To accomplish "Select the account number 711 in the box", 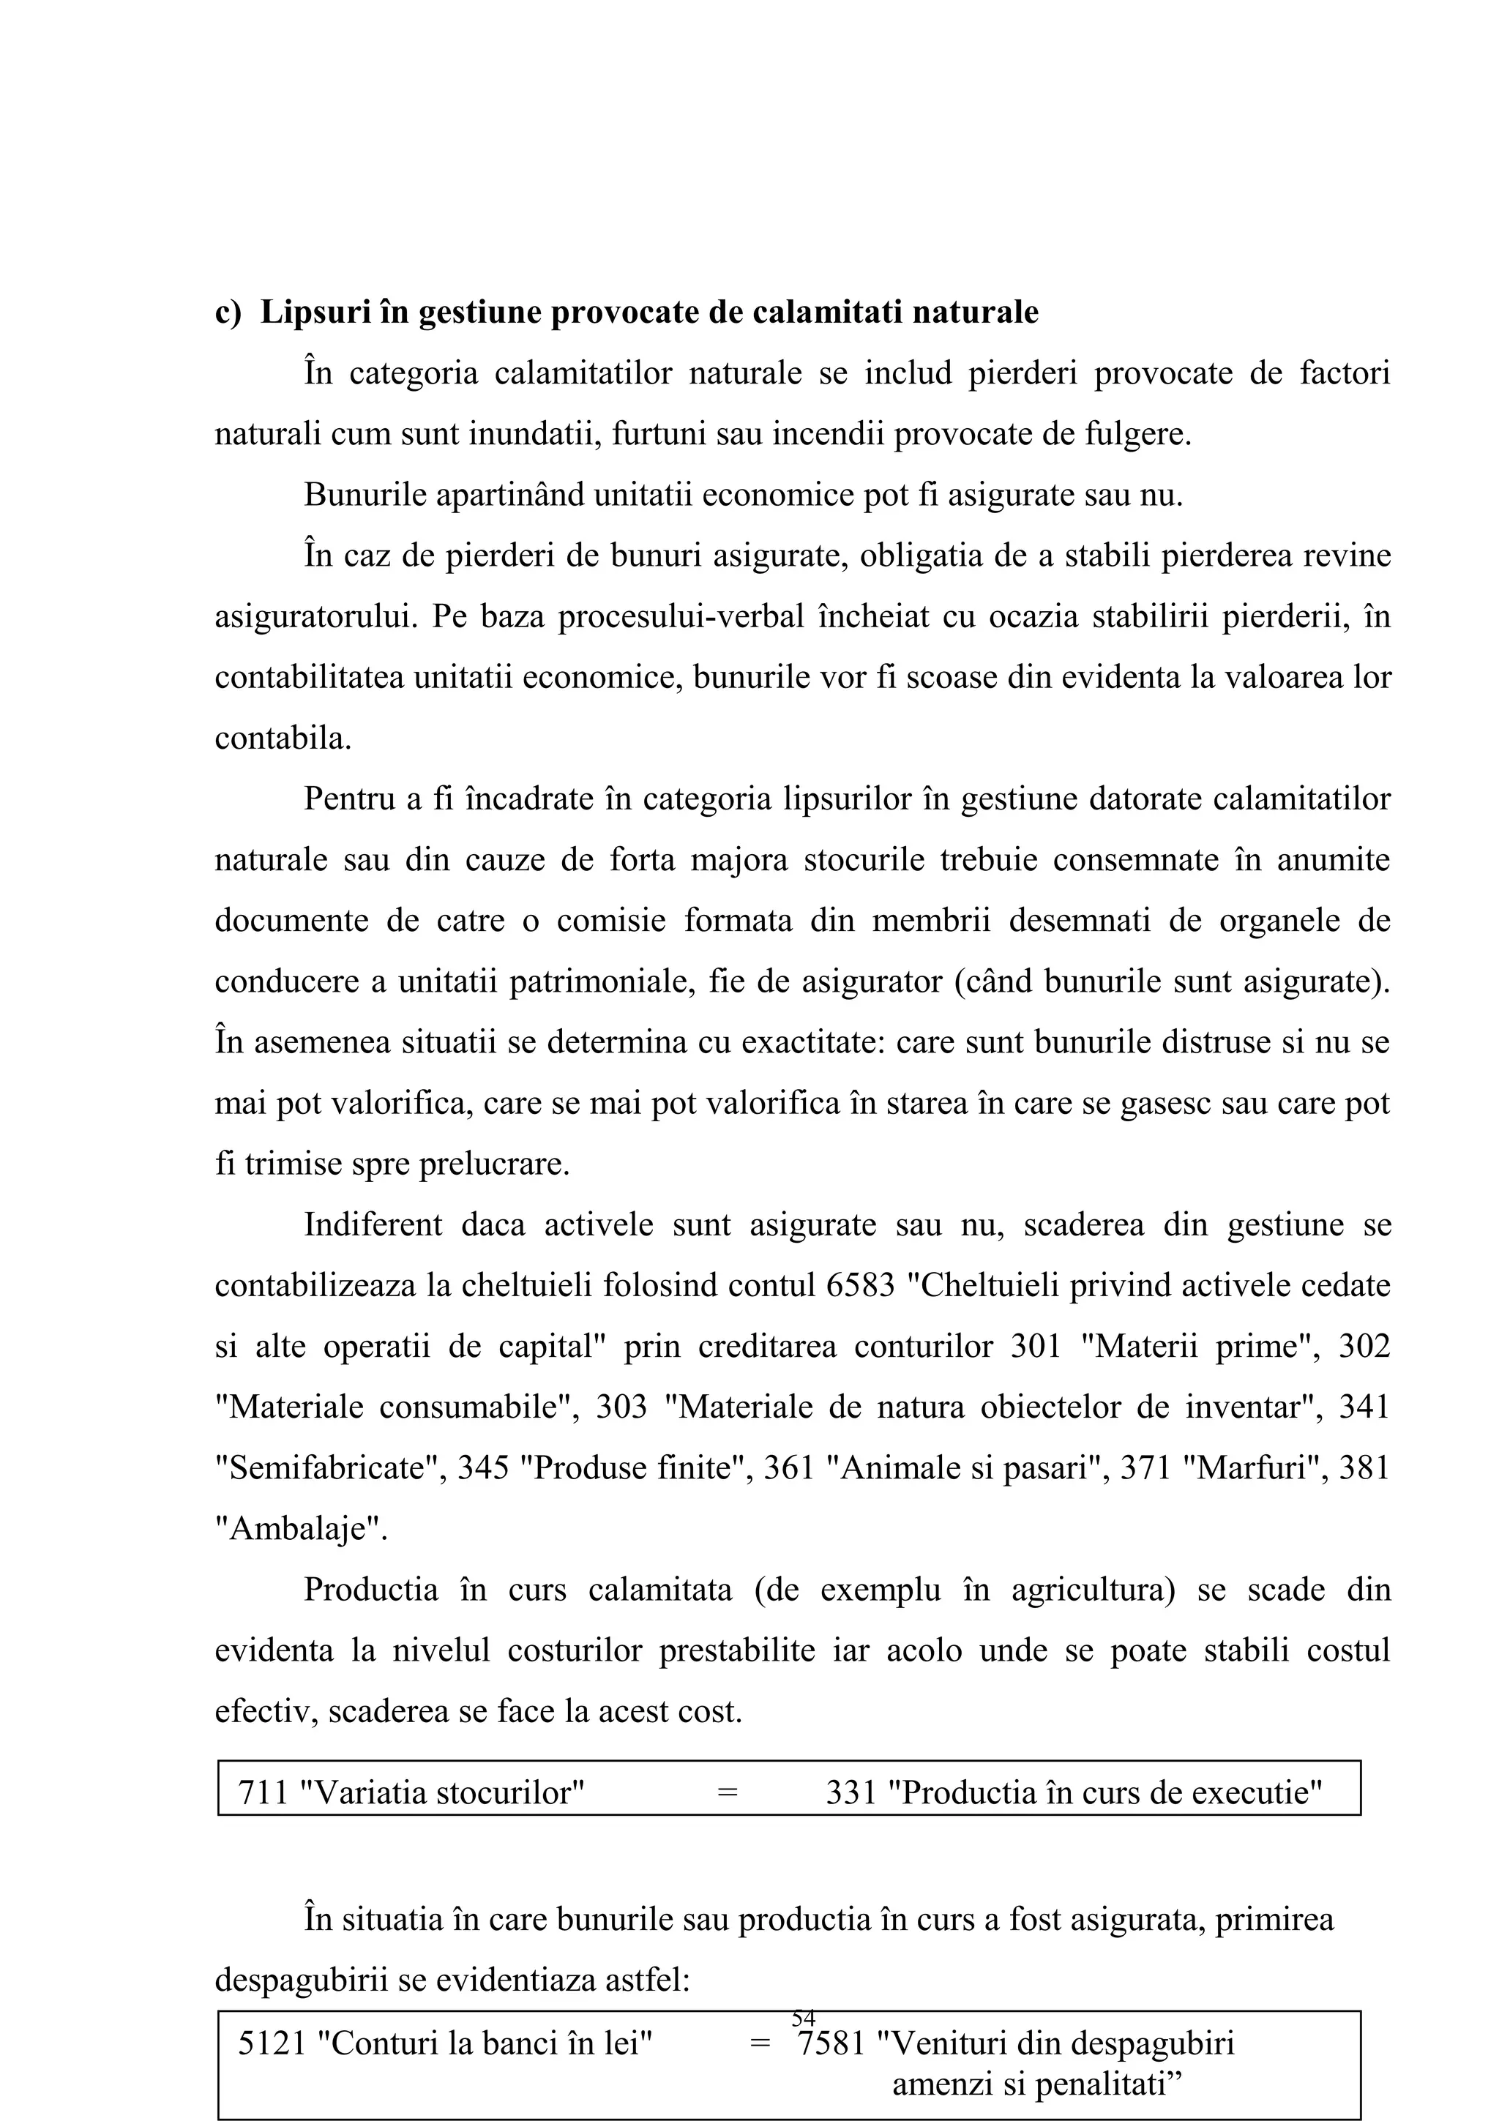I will coord(264,1793).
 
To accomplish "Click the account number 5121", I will coord(272,2043).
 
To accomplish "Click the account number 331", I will coord(851,1793).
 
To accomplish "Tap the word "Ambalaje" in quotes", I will coord(301,1529).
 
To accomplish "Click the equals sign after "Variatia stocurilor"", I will coord(727,1793).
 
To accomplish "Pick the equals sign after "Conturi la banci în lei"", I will coord(759,2043).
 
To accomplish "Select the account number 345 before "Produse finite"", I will coord(484,1468).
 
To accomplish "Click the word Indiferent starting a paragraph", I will coord(373,1225).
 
